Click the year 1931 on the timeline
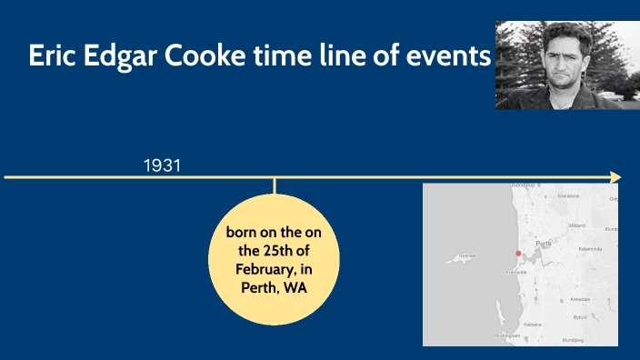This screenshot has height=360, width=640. tap(162, 165)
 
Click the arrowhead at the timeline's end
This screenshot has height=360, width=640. tap(616, 176)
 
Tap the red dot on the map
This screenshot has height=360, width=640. tap(518, 254)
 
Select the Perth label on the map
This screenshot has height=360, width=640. tap(545, 244)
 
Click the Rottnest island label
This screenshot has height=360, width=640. tap(466, 256)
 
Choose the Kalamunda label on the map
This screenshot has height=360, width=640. tap(590, 248)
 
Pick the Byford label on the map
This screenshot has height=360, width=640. tap(579, 317)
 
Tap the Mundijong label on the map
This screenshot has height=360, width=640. tap(573, 339)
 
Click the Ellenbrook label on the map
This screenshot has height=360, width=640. tap(568, 195)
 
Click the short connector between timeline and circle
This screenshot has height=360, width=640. tap(274, 185)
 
